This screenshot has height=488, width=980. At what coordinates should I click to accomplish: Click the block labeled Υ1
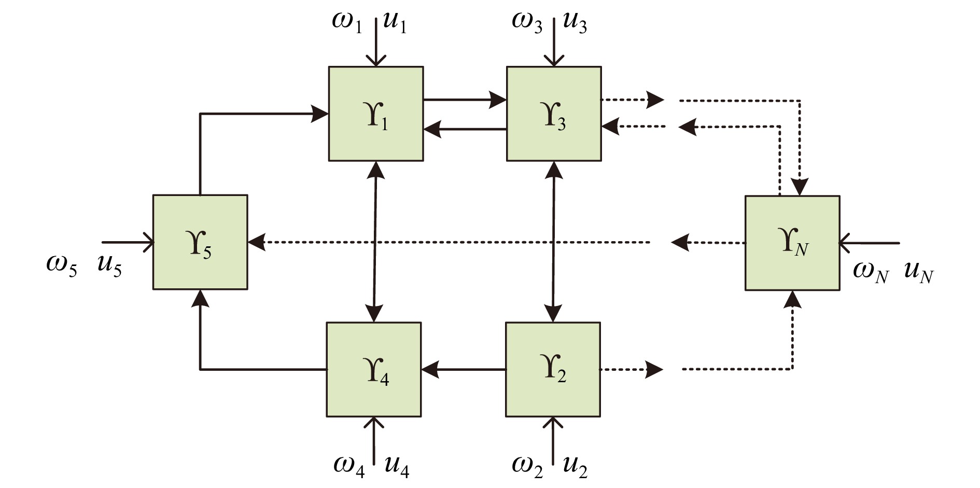coord(376,114)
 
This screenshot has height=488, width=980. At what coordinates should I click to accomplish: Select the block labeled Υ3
coord(554,114)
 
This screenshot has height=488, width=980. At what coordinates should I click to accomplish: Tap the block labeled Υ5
coord(200,242)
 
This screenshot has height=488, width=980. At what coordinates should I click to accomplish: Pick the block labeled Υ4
coord(374,369)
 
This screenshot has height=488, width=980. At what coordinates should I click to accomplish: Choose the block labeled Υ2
coord(553,369)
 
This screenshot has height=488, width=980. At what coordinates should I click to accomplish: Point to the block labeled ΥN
coord(792,243)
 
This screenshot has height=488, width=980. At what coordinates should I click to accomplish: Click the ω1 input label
coord(347,22)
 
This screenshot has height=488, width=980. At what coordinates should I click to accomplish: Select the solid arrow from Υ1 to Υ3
coord(465,99)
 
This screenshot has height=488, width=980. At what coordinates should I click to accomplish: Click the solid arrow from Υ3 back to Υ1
coord(465,129)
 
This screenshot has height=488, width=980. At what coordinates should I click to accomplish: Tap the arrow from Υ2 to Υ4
coord(463,370)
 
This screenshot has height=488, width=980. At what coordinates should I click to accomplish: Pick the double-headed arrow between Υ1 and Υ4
coord(375,242)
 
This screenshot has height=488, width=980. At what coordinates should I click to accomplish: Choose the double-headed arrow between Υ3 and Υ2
coord(554,242)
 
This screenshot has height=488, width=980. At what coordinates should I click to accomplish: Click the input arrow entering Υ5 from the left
coord(128,242)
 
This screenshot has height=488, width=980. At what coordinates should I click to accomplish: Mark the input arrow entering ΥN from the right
coord(870,242)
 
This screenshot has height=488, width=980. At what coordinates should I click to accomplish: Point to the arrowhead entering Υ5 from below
coord(200,299)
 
